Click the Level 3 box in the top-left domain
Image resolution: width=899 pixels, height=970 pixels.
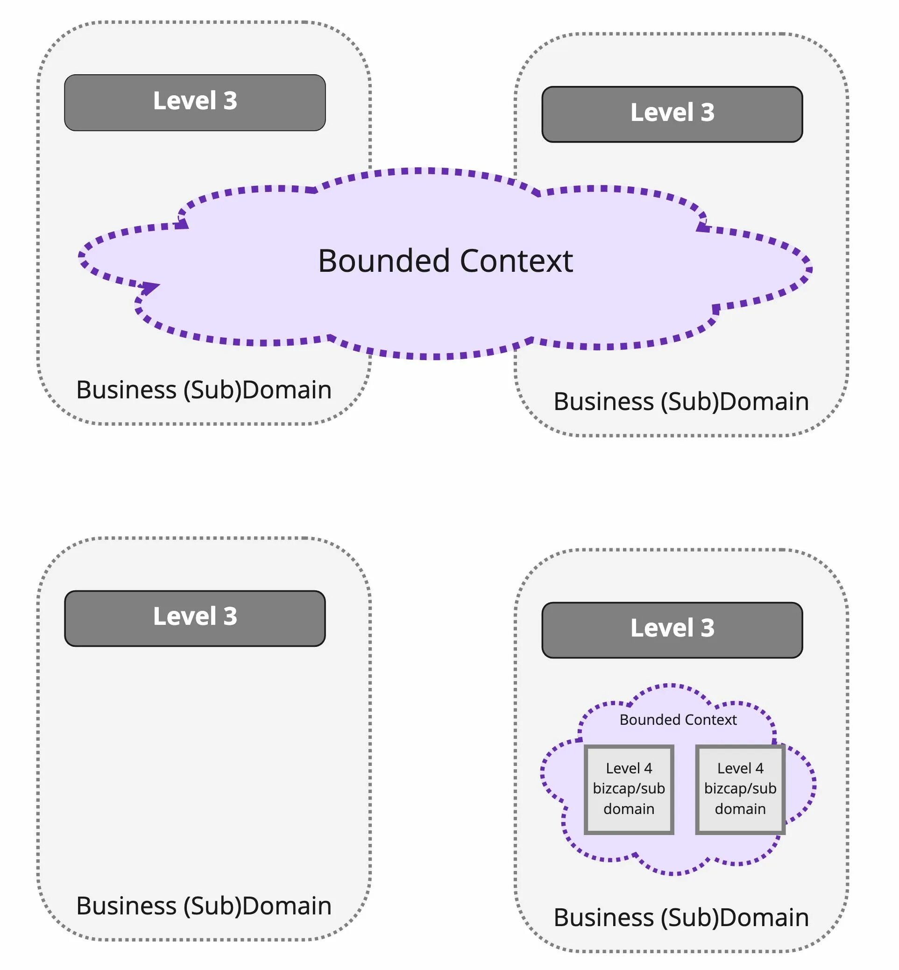(195, 102)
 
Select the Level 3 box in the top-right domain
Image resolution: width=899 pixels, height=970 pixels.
(672, 114)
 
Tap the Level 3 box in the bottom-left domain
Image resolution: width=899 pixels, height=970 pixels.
(195, 618)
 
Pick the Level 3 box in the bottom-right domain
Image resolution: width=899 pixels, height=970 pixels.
(672, 630)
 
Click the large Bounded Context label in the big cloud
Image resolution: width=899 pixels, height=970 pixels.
(445, 261)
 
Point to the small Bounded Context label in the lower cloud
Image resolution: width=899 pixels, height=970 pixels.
(678, 719)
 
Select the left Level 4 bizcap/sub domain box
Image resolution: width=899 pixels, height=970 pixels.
(629, 788)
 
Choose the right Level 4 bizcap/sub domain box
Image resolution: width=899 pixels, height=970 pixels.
(740, 788)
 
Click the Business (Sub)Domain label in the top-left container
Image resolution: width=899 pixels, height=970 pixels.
(204, 389)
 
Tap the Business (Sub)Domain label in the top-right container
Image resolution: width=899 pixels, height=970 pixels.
(681, 401)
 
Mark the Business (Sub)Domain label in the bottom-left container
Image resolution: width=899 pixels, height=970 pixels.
(204, 906)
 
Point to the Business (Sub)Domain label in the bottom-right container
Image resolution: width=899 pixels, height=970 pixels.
(681, 918)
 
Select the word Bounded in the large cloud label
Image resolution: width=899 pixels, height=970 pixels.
(384, 261)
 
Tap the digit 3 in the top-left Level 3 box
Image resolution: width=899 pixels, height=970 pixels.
(230, 101)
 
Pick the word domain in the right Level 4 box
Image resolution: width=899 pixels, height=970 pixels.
(740, 808)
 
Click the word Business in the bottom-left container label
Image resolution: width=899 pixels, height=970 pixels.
(127, 906)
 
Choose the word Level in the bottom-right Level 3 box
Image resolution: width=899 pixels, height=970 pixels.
(662, 628)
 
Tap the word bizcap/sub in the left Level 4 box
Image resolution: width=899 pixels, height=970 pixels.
(629, 788)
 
